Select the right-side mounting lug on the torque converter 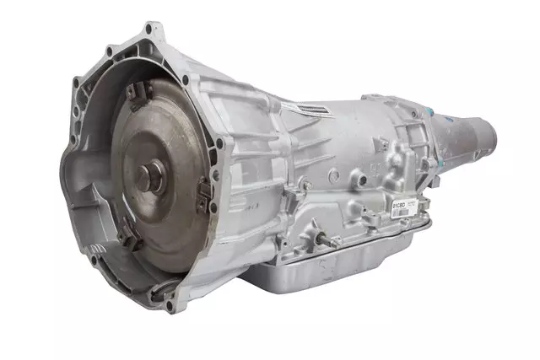pyautogui.click(x=204, y=200)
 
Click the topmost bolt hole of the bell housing pyautogui.click(x=150, y=32)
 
